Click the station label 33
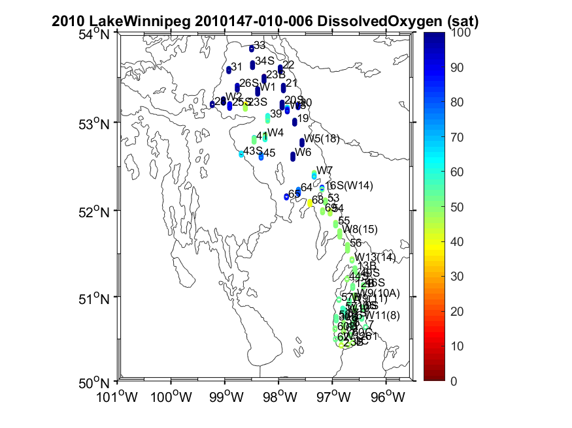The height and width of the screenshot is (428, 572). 260,45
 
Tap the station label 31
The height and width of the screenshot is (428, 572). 237,67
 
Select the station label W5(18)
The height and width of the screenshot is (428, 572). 322,138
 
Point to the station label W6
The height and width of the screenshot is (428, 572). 303,152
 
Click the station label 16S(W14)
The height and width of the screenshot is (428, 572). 349,186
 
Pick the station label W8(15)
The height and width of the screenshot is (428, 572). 361,230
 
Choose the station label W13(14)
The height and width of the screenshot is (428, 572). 375,257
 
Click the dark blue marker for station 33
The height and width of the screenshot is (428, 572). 252,48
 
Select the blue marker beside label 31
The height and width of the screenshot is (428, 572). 229,70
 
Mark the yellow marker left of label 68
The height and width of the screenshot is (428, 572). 310,203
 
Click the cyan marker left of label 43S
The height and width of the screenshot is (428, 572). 241,154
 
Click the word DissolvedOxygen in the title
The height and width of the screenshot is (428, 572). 370,21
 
